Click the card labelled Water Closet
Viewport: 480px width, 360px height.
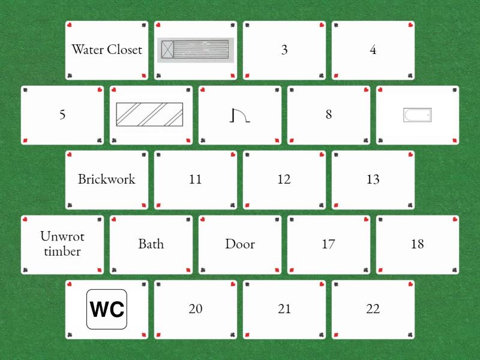click(107, 50)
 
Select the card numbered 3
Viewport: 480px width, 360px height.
click(284, 50)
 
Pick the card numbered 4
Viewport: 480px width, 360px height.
click(373, 50)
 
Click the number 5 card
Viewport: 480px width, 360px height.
click(62, 115)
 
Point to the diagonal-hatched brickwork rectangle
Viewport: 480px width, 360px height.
click(149, 115)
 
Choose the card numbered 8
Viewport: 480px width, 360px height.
click(328, 115)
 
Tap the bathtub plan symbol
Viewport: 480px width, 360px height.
click(417, 115)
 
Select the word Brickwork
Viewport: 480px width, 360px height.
click(107, 179)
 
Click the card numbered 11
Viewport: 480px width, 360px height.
click(196, 180)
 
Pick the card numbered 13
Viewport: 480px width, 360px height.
click(373, 180)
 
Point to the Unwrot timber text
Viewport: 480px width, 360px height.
click(62, 244)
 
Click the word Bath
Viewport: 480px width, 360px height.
click(151, 244)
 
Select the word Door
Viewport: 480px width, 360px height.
click(239, 244)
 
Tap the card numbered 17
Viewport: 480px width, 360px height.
click(328, 245)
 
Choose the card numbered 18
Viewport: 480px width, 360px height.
click(417, 245)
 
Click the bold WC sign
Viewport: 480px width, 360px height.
click(107, 309)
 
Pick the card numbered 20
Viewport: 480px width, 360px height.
click(196, 310)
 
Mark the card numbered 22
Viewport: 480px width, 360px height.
click(373, 310)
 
